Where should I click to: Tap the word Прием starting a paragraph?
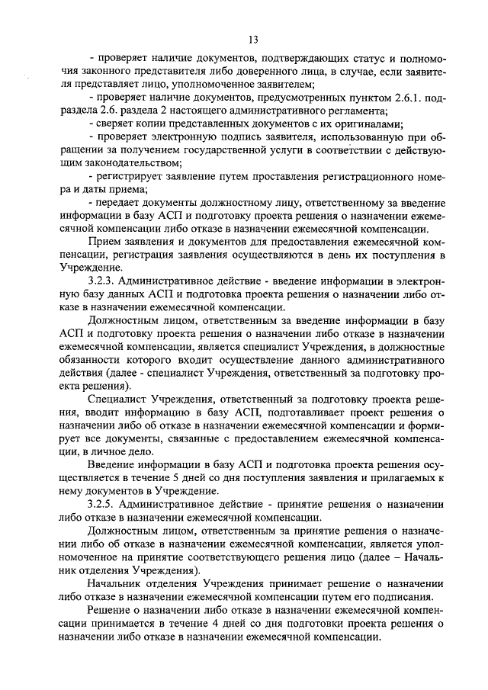[105, 242]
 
